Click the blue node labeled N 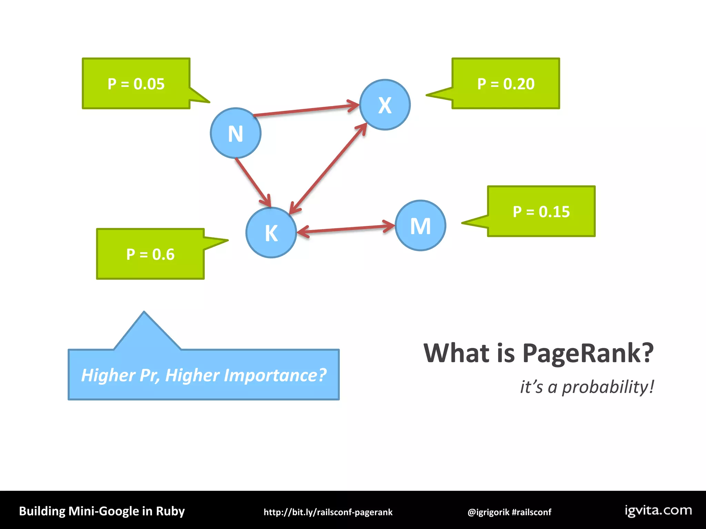pyautogui.click(x=235, y=133)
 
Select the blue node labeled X pyautogui.click(x=385, y=105)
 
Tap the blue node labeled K pyautogui.click(x=271, y=232)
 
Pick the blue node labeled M pyautogui.click(x=420, y=226)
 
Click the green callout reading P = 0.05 pyautogui.click(x=136, y=84)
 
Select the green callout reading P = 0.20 pyautogui.click(x=506, y=84)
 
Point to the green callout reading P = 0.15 pyautogui.click(x=541, y=211)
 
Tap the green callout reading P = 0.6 pyautogui.click(x=150, y=254)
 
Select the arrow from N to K pyautogui.click(x=253, y=182)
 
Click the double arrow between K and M pyautogui.click(x=346, y=228)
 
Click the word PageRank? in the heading pyautogui.click(x=587, y=353)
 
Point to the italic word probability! pyautogui.click(x=608, y=387)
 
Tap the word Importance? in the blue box pyautogui.click(x=275, y=375)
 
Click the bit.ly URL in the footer pyautogui.click(x=328, y=512)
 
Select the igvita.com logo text pyautogui.click(x=658, y=510)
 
